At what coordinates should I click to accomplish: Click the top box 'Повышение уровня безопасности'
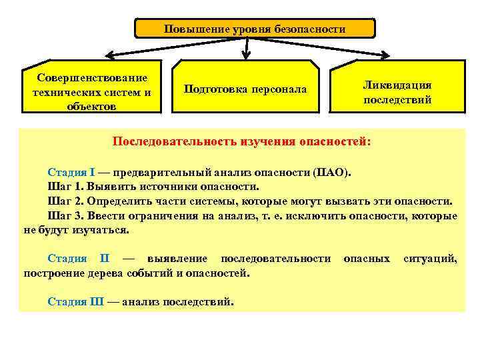(x=255, y=29)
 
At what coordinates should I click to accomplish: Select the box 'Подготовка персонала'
(x=245, y=89)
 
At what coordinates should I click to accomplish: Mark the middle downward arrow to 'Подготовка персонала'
(x=247, y=48)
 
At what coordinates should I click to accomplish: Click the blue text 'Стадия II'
(x=79, y=258)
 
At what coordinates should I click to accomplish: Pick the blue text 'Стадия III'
(x=75, y=301)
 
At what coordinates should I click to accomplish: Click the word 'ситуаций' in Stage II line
(x=430, y=258)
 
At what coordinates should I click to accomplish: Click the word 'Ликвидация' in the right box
(x=397, y=85)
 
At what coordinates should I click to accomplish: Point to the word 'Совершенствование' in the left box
(x=92, y=79)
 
